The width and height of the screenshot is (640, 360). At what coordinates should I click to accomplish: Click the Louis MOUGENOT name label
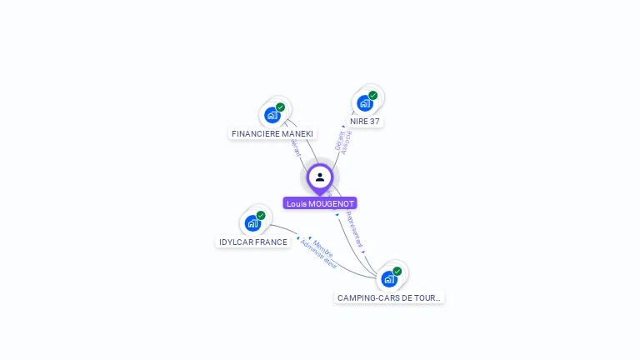click(320, 203)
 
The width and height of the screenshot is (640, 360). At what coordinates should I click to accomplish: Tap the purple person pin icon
click(320, 177)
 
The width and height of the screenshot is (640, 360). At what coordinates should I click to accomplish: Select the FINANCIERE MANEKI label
click(272, 133)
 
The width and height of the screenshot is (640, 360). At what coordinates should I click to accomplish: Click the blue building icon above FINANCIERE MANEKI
click(272, 115)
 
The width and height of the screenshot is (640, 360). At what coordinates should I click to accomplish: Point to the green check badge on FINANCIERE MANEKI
click(281, 107)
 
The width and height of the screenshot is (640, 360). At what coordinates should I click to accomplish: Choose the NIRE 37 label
click(365, 121)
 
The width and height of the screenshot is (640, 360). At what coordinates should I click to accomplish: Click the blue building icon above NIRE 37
click(364, 103)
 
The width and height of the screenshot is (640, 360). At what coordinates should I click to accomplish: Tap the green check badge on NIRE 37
click(373, 95)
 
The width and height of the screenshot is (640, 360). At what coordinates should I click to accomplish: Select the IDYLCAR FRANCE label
click(253, 242)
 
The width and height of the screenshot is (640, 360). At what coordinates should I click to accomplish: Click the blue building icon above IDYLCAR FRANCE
click(252, 223)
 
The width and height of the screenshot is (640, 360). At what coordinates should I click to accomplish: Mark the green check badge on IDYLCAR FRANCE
click(261, 216)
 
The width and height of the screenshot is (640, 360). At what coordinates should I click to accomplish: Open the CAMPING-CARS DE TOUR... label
click(389, 297)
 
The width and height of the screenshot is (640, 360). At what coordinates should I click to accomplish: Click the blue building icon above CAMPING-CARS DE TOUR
click(388, 279)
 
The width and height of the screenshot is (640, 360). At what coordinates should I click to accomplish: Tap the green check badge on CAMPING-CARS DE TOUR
click(397, 271)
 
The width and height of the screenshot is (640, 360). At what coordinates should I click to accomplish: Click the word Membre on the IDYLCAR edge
click(323, 248)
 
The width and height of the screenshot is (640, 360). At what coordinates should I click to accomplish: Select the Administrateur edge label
click(318, 254)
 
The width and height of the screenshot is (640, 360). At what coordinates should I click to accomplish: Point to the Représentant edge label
click(354, 229)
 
